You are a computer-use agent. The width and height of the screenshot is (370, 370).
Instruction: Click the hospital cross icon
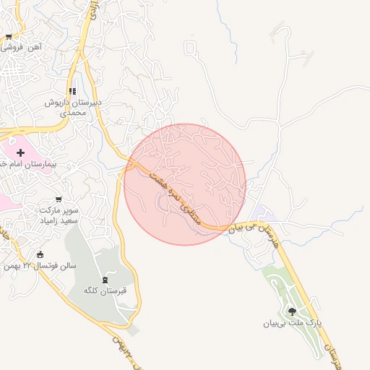[x=20, y=152]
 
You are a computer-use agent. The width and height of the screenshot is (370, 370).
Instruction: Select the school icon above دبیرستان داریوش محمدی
[x=72, y=91]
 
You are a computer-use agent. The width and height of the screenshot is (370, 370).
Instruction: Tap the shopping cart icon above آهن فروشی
[x=8, y=36]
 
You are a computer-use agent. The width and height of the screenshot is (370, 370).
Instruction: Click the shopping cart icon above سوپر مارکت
[x=59, y=199]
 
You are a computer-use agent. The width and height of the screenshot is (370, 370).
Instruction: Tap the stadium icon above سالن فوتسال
[x=39, y=254]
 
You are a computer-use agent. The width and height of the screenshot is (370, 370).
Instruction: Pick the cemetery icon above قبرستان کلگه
[x=107, y=279]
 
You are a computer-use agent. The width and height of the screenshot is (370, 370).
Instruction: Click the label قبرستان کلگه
[x=106, y=291]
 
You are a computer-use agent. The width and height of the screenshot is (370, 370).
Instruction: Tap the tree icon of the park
[x=292, y=311]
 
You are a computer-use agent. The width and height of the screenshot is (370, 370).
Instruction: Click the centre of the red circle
[x=185, y=184]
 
